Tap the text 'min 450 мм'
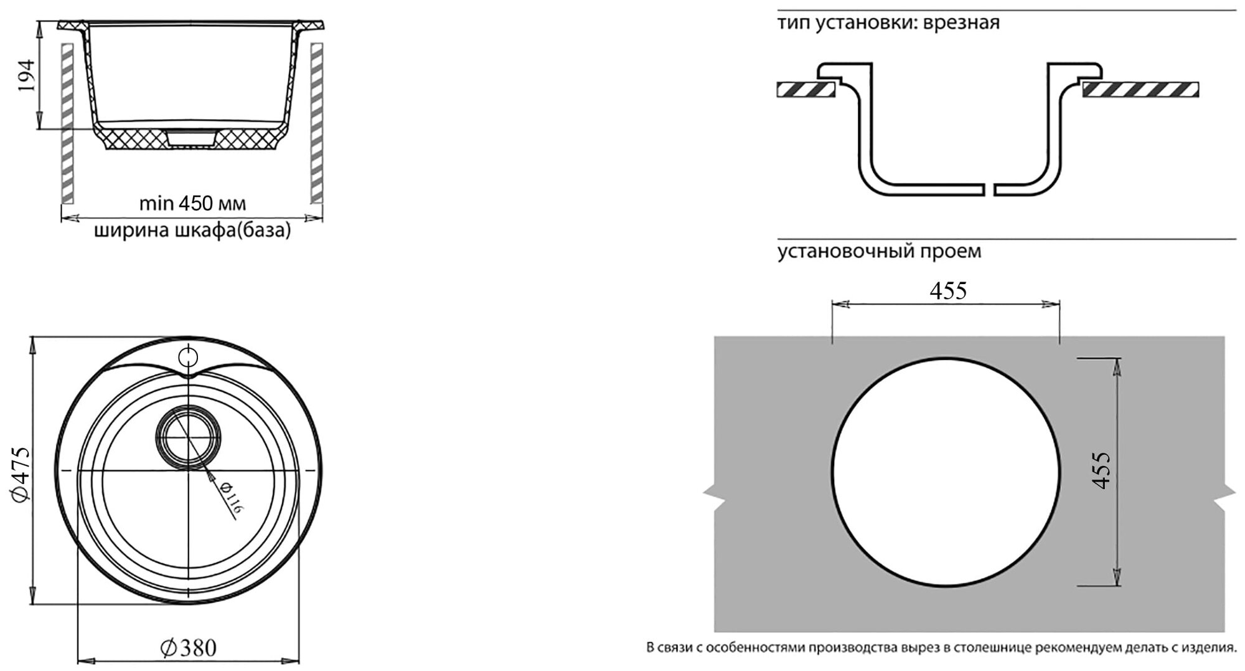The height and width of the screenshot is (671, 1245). coord(192,204)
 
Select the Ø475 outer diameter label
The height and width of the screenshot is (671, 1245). coord(21,473)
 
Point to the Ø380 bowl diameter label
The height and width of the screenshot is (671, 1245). coord(189,647)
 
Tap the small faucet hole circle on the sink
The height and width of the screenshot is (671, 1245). coord(187,357)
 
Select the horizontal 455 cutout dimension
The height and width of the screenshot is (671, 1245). coord(948,290)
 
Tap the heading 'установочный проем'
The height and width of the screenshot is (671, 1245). coord(879,251)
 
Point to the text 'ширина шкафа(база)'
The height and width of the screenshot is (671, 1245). coord(192,231)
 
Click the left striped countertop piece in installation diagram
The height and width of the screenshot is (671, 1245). coord(806,90)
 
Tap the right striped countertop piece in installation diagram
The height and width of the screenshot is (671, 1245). coord(1140,90)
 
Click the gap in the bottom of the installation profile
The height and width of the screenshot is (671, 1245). coord(989,189)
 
